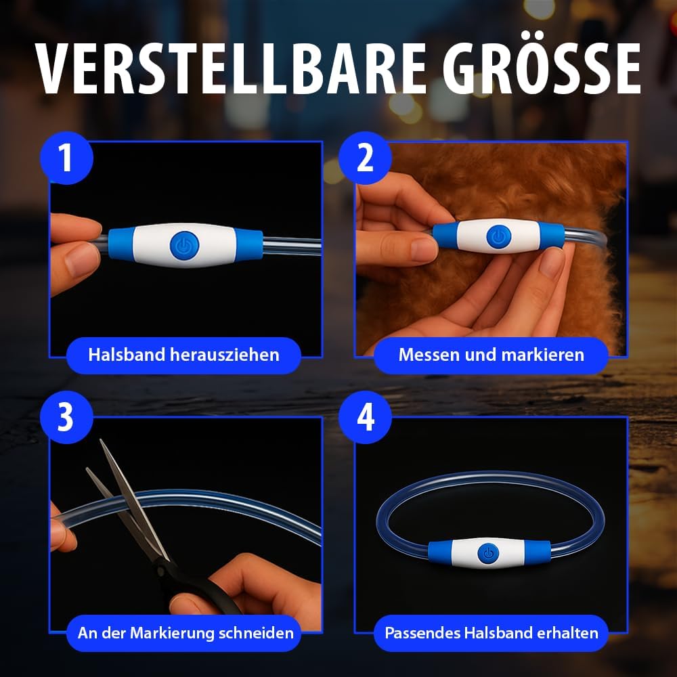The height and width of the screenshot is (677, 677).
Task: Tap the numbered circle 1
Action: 66,158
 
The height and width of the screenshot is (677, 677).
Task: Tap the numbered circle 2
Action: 366,158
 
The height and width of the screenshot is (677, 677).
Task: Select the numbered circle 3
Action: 66,417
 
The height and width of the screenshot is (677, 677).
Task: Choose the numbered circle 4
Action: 366,417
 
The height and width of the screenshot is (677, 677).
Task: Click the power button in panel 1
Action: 185,245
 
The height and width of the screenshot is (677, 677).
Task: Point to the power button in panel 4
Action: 488,553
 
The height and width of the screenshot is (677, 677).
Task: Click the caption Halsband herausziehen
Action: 183,355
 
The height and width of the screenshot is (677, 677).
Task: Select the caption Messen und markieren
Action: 491,355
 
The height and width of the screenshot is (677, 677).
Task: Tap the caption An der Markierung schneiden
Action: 185,633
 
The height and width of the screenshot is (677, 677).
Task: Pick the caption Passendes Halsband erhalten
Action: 491,633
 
